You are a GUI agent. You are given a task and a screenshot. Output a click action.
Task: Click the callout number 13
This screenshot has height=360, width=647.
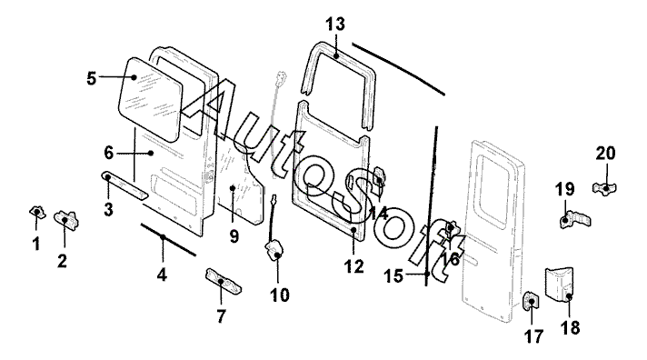click(x=335, y=24)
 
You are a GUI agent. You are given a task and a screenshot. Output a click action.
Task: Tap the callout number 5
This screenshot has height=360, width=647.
click(x=92, y=78)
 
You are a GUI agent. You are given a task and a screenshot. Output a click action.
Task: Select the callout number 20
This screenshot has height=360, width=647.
click(x=605, y=153)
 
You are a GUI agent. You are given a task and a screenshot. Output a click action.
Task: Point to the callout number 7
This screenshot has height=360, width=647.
click(x=221, y=316)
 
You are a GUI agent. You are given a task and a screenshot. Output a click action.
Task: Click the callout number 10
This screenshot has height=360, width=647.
click(x=279, y=295)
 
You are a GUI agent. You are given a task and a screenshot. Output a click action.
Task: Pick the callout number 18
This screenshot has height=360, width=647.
click(x=570, y=328)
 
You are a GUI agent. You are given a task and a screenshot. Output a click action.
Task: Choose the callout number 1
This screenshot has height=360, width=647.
click(x=36, y=244)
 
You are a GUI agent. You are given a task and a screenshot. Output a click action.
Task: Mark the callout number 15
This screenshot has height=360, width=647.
click(x=393, y=275)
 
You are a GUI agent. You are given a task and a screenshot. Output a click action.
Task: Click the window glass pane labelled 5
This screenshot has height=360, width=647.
click(x=150, y=98)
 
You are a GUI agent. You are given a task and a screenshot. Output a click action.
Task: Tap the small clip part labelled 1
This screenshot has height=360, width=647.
click(x=37, y=213)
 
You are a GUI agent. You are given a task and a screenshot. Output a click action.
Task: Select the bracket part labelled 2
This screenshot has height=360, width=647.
click(x=66, y=220)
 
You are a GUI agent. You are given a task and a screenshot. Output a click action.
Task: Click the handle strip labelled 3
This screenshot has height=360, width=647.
click(x=124, y=185)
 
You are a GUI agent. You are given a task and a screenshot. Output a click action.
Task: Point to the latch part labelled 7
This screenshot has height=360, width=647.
click(x=224, y=281)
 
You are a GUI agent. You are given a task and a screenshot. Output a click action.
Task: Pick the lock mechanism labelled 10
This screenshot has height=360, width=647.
click(x=274, y=251)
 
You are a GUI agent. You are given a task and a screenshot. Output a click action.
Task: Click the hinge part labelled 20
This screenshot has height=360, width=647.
click(x=604, y=189)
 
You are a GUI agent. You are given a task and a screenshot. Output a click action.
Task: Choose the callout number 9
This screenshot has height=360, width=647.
click(x=234, y=236)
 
